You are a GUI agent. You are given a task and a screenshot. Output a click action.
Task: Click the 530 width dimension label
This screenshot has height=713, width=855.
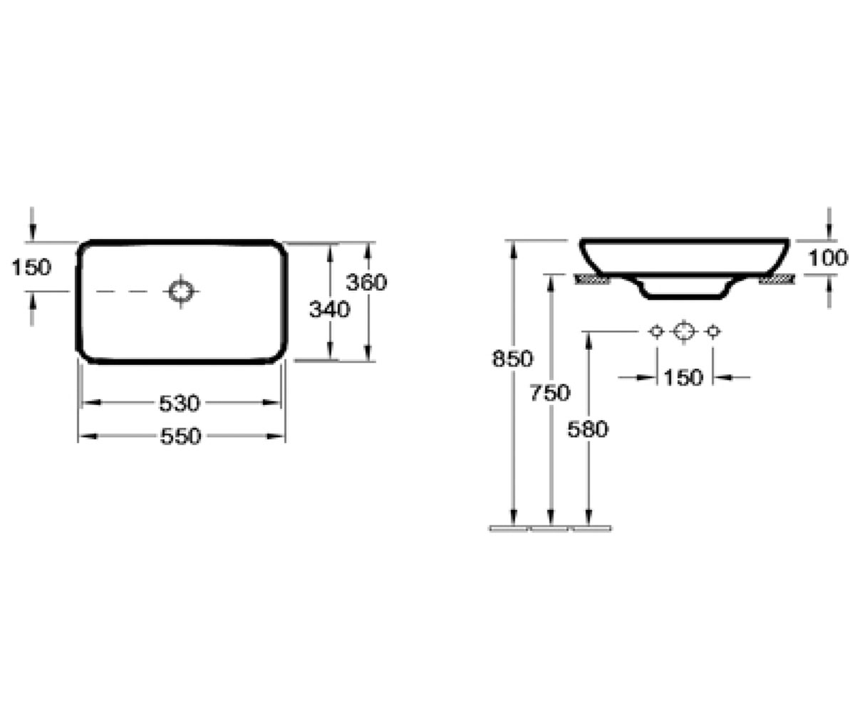[x=180, y=404]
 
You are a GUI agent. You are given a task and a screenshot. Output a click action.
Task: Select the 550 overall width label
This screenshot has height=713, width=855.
[x=180, y=436]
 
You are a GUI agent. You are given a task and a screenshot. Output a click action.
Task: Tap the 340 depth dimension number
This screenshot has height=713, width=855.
[x=330, y=309]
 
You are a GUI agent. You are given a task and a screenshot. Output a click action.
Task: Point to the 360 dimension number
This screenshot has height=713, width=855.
[x=366, y=282]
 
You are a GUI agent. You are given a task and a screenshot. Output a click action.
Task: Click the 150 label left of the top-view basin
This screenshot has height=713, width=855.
[x=31, y=267]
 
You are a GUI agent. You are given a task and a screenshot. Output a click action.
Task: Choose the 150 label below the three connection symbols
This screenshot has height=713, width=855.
[x=683, y=377]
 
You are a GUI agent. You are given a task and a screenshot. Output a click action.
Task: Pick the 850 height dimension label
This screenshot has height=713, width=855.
[x=512, y=359]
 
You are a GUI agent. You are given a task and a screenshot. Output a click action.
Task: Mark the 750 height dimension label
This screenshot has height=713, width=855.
[x=550, y=393]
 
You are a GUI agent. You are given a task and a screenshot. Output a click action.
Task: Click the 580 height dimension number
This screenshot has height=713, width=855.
[x=588, y=429]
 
